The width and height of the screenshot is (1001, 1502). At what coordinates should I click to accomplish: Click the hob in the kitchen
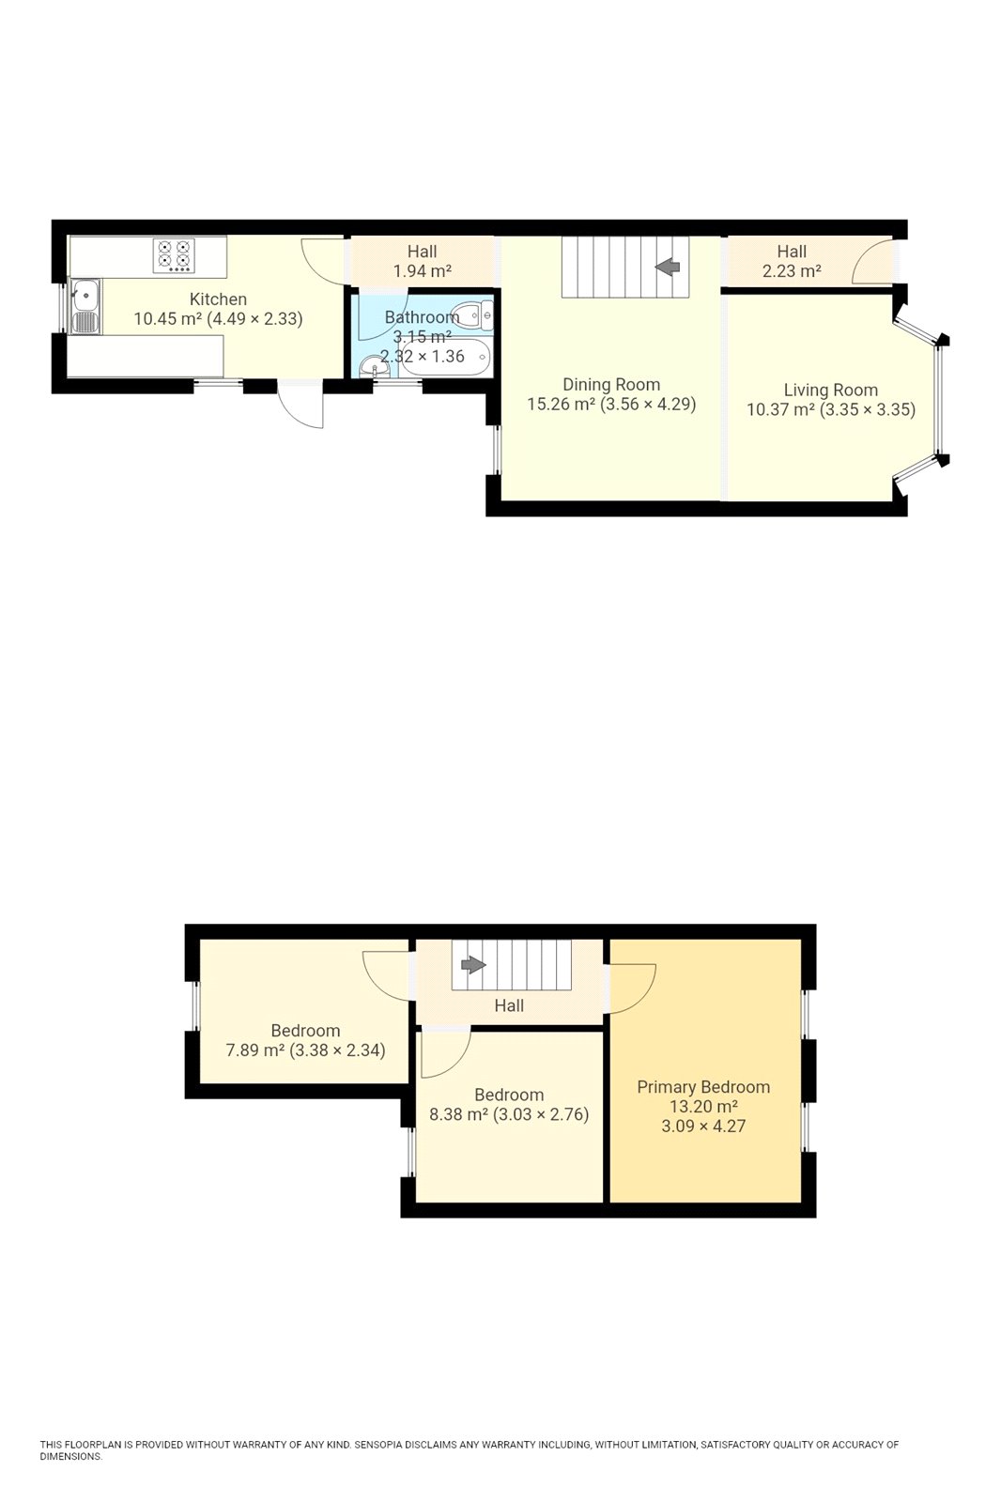point(174,254)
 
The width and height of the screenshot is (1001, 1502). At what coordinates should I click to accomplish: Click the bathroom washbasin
point(373,364)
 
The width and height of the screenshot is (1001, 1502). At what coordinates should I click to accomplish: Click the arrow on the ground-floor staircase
point(668,267)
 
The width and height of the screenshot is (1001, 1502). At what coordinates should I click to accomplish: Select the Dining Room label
point(611,384)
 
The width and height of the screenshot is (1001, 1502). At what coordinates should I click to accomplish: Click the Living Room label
point(830,390)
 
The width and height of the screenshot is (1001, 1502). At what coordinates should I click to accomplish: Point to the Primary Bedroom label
point(703,1087)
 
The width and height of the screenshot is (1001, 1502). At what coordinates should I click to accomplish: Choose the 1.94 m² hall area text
point(422,271)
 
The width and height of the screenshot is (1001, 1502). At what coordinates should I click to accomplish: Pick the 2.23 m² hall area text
point(792,271)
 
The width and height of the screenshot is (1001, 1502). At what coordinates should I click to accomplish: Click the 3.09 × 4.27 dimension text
point(703,1126)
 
